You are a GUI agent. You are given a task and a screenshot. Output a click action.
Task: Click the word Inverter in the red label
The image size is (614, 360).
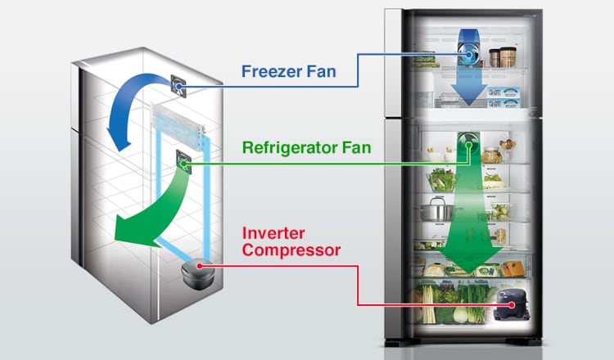tap(273, 233)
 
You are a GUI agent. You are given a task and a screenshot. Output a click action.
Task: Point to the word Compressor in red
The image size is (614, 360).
tap(291, 250)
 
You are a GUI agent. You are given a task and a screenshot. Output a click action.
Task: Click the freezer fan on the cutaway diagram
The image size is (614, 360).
tap(178, 85)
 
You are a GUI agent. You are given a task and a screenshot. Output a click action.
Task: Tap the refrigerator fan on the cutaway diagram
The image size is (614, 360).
tap(183, 161)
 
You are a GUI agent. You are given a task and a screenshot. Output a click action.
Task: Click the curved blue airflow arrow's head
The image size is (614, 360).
tap(120, 140)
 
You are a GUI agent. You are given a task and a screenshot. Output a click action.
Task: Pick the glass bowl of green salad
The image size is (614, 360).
tap(440, 180)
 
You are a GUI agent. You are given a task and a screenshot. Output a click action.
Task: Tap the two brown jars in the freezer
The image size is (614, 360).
tap(503, 56)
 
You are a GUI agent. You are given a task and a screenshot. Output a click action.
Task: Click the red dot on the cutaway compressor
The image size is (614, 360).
tap(200, 266)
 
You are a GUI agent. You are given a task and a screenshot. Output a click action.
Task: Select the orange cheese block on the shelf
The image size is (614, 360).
tap(513, 268)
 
